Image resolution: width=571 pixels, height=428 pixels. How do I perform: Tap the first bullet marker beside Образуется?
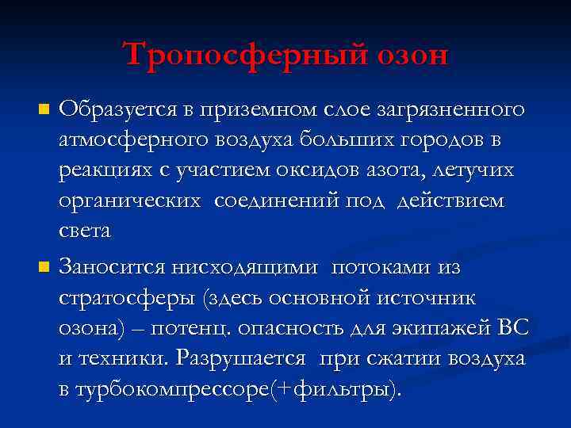44,107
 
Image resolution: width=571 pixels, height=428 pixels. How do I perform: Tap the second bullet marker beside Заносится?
44,269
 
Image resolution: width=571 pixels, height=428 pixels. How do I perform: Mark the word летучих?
482,170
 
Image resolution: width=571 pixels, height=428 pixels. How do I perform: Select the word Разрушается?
241,358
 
